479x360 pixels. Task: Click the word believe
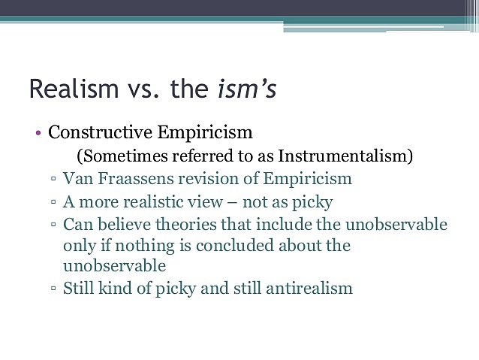[x=119, y=224]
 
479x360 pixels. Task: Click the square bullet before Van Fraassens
[x=55, y=180]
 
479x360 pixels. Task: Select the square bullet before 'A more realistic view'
[x=55, y=203]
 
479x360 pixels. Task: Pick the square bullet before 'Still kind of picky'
[x=55, y=289]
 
